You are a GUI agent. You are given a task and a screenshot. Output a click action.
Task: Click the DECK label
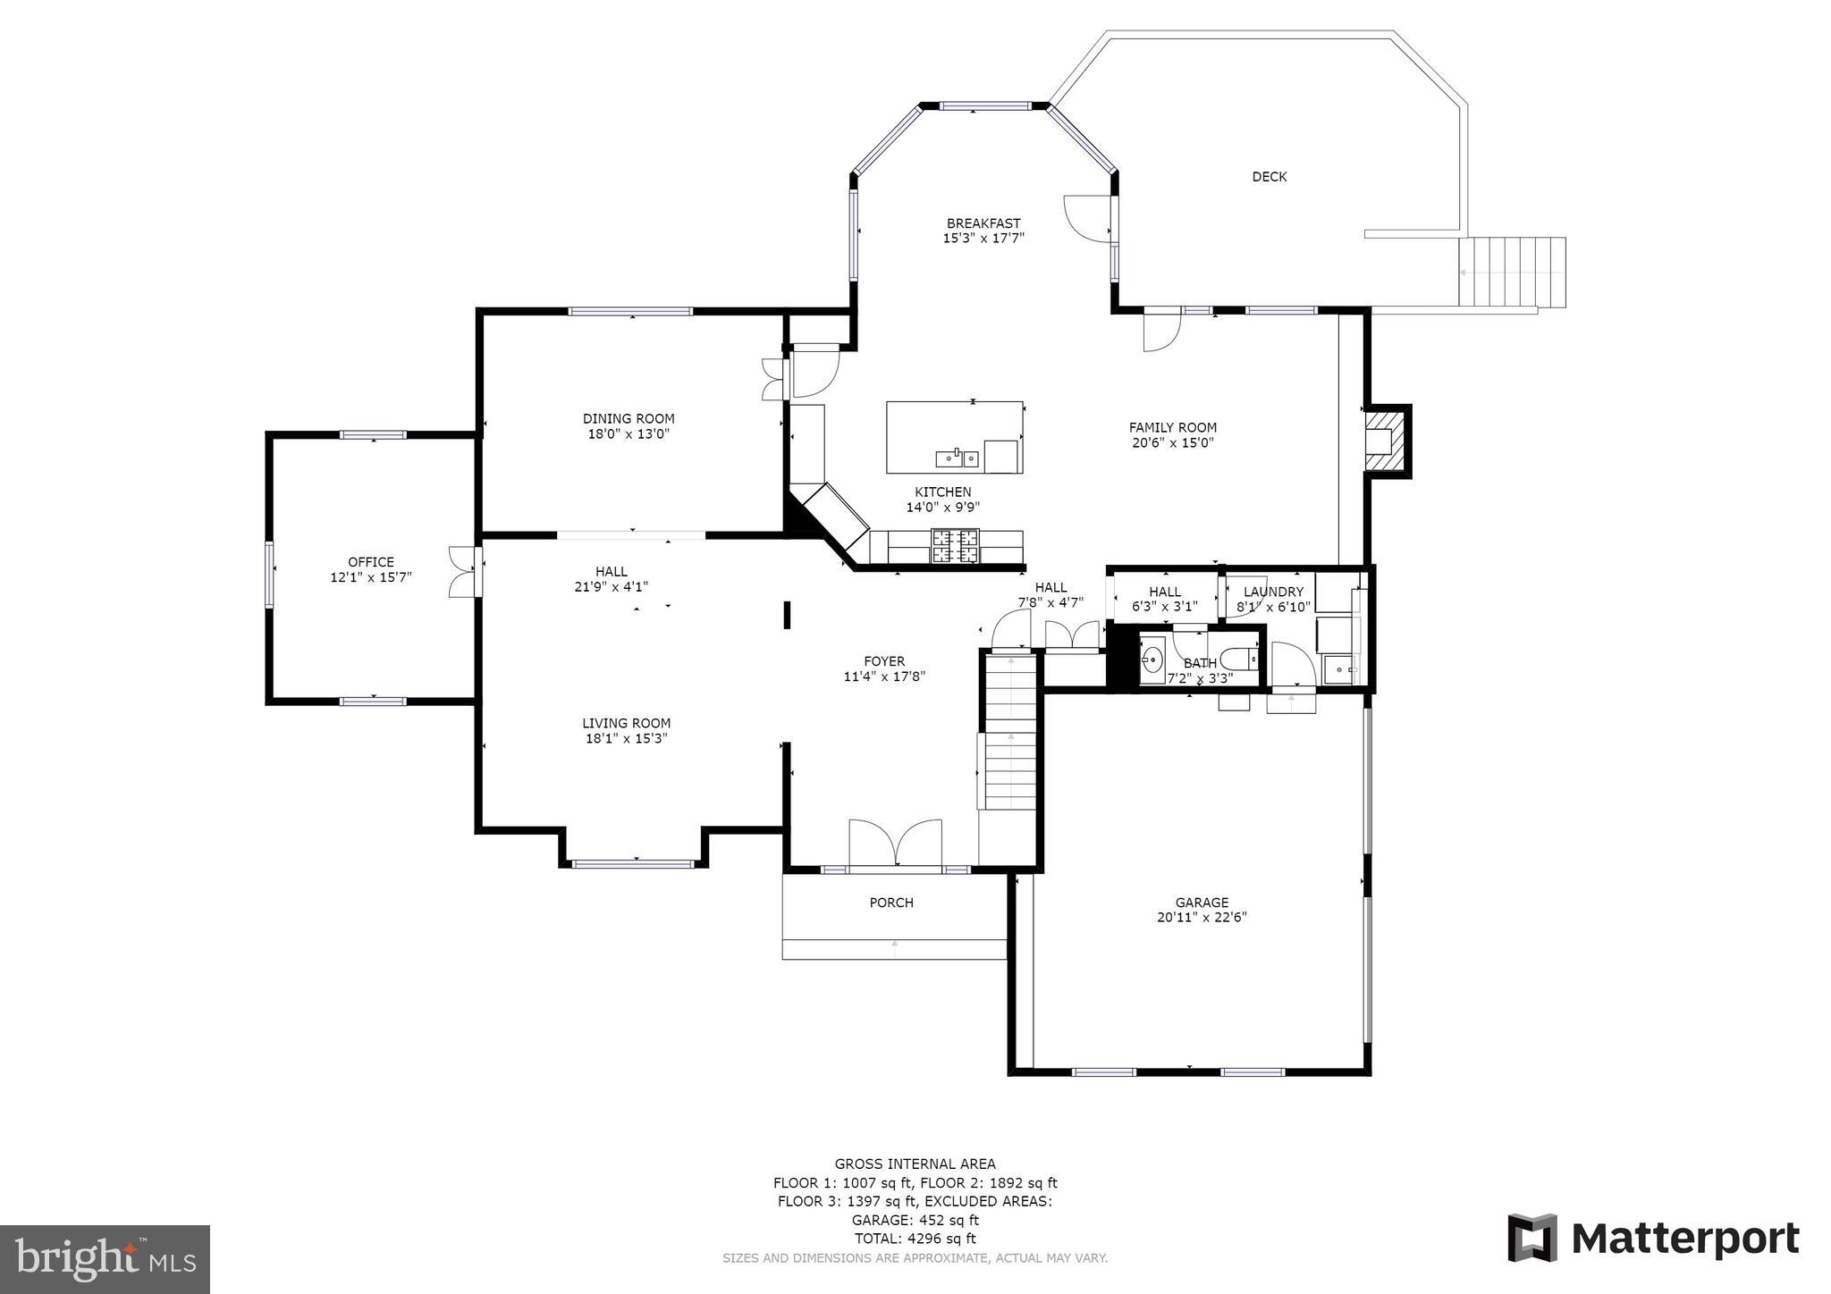[x=1269, y=177]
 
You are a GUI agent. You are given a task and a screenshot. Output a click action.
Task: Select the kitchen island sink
[x=957, y=458]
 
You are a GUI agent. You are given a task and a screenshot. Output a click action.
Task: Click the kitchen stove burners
[x=955, y=546]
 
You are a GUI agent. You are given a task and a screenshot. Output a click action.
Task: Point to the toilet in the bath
[x=1242, y=660]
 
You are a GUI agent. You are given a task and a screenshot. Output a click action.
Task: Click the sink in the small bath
[x=1152, y=661]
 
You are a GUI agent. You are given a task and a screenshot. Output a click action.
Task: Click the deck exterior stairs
[x=1512, y=272]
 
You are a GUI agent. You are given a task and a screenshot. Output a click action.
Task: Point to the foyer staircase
[x=1010, y=733]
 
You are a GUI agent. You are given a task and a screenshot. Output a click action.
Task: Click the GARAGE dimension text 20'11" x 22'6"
[x=1201, y=917]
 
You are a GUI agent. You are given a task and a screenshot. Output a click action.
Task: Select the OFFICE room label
[x=371, y=562]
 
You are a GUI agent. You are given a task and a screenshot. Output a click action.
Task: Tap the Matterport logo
[x=1653, y=1239]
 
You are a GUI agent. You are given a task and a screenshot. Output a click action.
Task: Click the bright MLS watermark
[x=105, y=1259]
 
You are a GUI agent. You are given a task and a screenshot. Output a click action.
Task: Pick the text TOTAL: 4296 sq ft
[x=915, y=1239]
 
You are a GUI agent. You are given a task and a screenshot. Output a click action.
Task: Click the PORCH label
[x=891, y=903]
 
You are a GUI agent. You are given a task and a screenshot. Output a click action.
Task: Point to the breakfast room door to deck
[x=1086, y=217]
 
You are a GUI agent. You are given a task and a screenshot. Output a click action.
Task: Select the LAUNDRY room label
[x=1273, y=592]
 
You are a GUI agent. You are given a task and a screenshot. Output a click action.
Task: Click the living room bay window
[x=633, y=863]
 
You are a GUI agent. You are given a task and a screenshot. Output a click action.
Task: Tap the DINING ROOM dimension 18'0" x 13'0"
[x=629, y=434]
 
